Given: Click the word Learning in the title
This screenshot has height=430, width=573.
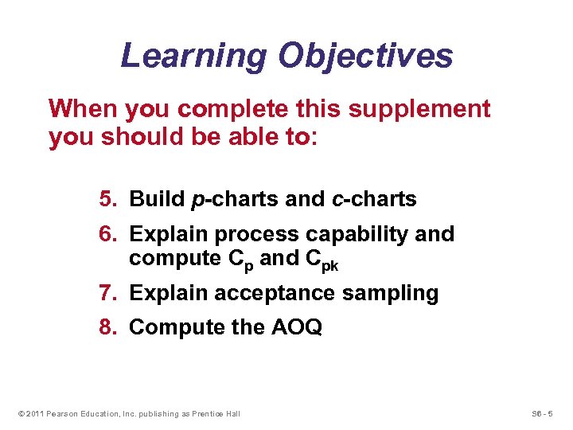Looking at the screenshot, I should coord(193,56).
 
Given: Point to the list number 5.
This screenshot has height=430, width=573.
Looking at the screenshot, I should coord(108,199).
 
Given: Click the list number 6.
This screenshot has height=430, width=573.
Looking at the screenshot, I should coord(108,234).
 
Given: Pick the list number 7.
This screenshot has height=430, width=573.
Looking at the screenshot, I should coord(108,293).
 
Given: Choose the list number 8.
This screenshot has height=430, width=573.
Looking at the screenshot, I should coord(108,327).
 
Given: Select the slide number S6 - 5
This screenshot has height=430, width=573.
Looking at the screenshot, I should coord(546,413).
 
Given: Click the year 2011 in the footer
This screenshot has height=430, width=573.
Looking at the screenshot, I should coord(34,413).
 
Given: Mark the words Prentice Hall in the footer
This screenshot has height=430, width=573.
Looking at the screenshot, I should coord(216,413).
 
